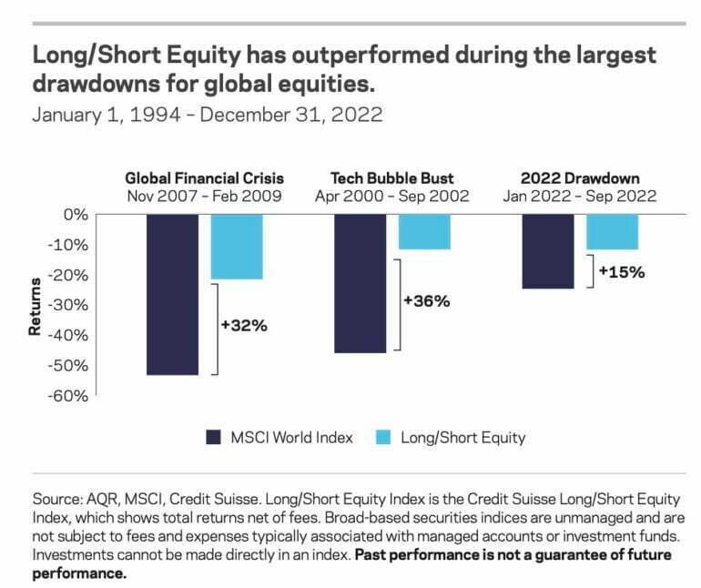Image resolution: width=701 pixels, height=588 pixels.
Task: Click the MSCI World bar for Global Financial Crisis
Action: tap(172, 294)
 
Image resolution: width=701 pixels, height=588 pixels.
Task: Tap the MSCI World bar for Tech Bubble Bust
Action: tap(360, 283)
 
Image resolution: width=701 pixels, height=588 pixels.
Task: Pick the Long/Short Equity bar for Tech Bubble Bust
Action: tap(423, 231)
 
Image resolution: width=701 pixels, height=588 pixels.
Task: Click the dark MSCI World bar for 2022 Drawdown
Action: tap(547, 251)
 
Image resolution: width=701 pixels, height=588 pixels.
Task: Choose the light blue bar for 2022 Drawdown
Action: tap(611, 231)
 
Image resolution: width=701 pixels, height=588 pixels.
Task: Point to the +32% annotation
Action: tap(244, 325)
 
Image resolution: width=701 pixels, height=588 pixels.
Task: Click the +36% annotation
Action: tap(427, 300)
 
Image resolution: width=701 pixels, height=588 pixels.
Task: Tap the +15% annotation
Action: tap(621, 271)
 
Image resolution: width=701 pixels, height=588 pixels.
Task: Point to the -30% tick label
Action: tap(69, 305)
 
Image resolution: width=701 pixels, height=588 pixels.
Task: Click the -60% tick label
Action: tap(69, 396)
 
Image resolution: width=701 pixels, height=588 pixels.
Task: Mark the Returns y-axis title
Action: tap(36, 306)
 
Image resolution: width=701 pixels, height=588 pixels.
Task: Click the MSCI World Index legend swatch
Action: tap(216, 437)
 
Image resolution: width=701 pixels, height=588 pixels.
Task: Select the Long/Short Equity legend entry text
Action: tap(462, 437)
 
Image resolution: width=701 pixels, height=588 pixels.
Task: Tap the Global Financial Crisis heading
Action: tap(204, 177)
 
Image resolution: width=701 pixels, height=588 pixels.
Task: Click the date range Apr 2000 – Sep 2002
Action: tap(391, 195)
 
